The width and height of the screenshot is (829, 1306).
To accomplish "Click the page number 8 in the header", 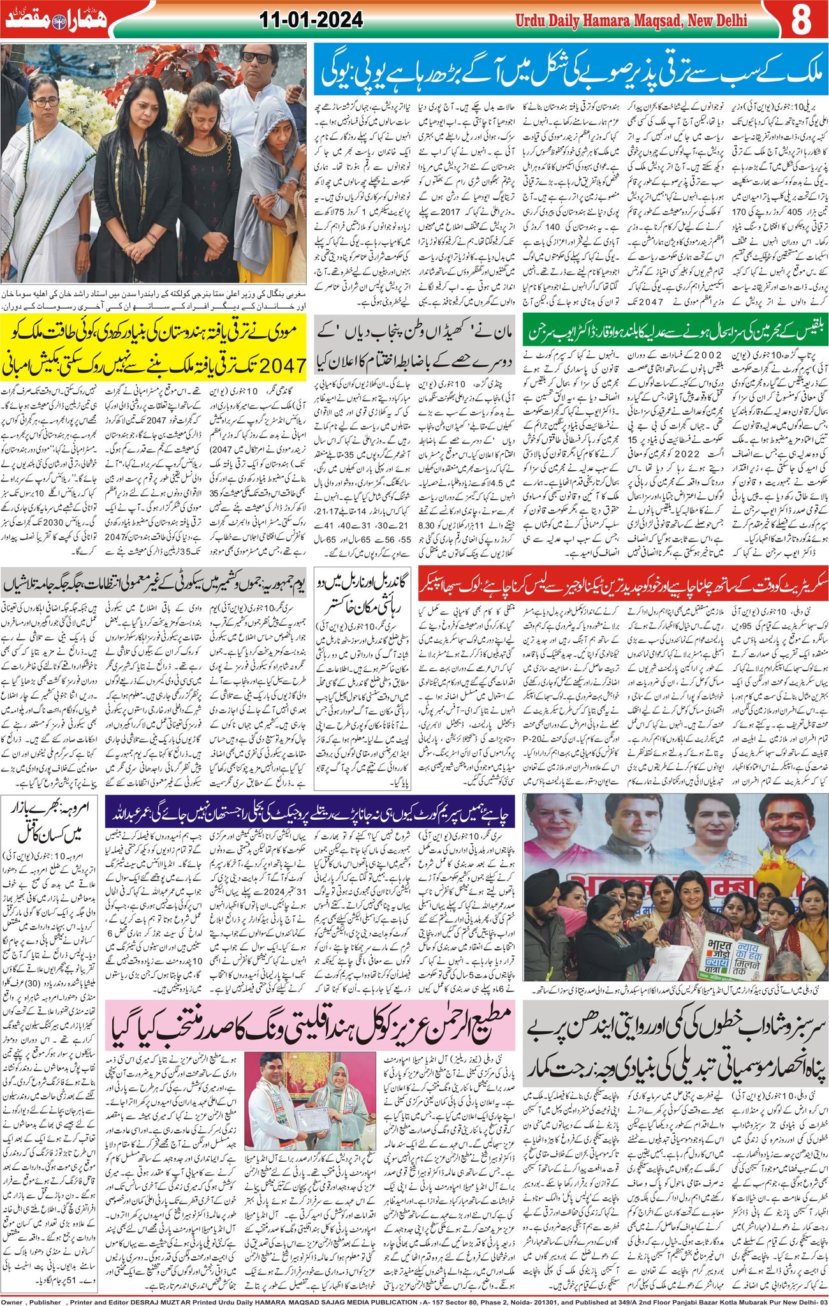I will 801,20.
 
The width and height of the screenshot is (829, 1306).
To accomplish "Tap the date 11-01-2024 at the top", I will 311,20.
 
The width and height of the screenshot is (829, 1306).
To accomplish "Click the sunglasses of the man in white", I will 257,57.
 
